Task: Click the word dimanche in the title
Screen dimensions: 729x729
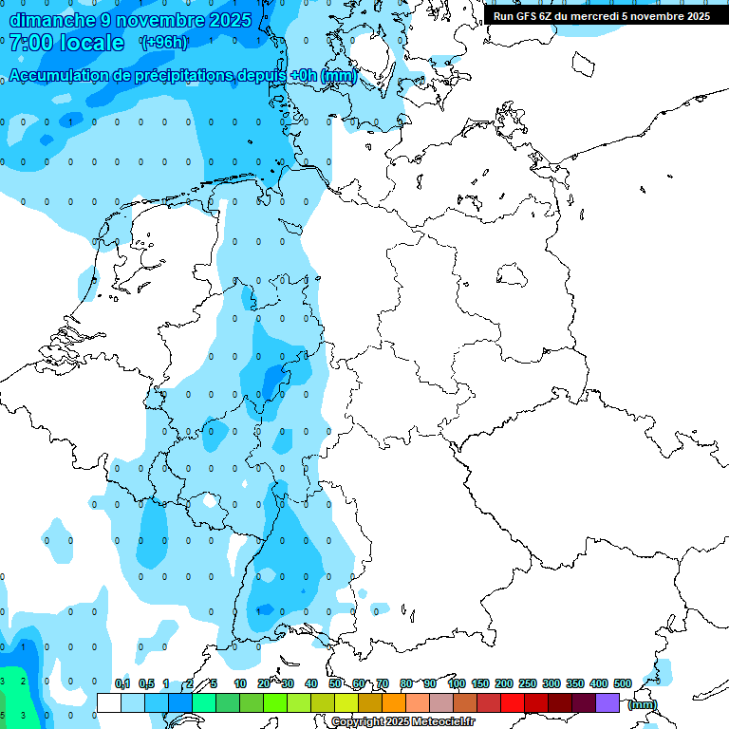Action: tap(51, 20)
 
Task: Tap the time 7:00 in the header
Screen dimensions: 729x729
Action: tap(35, 43)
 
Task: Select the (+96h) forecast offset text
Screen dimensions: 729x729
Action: tap(163, 43)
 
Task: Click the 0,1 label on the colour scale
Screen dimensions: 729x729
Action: tap(121, 684)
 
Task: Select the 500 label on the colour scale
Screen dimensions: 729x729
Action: tap(623, 684)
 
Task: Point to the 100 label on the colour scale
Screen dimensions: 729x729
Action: tap(456, 684)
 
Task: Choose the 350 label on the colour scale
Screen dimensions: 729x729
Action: tap(575, 684)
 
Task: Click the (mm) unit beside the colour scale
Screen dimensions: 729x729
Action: tap(643, 704)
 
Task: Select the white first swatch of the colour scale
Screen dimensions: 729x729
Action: tap(109, 702)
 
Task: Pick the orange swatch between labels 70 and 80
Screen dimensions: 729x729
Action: tap(394, 702)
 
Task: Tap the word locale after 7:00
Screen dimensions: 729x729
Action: tap(90, 43)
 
